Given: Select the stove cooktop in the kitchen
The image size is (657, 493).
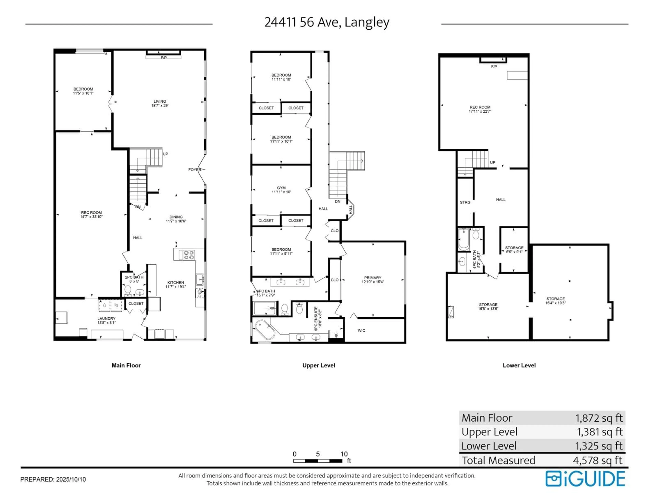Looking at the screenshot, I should coord(189,255).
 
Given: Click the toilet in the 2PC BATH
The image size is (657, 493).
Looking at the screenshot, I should coord(128,290).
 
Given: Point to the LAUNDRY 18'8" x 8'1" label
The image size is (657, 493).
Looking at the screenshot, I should coord(106,320).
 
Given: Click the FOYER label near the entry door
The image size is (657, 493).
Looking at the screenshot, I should coord(195,170).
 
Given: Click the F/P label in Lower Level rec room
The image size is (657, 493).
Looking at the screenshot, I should coord(494,67).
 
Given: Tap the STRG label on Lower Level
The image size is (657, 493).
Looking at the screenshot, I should coord(465,202).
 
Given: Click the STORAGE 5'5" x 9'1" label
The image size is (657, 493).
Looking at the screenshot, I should coord(514,250).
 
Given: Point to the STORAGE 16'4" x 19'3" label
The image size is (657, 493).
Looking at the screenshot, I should coord(555,301).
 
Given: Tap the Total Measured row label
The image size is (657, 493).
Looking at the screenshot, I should coord(498,460).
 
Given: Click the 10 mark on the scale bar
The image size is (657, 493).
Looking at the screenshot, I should coord(344,454).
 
